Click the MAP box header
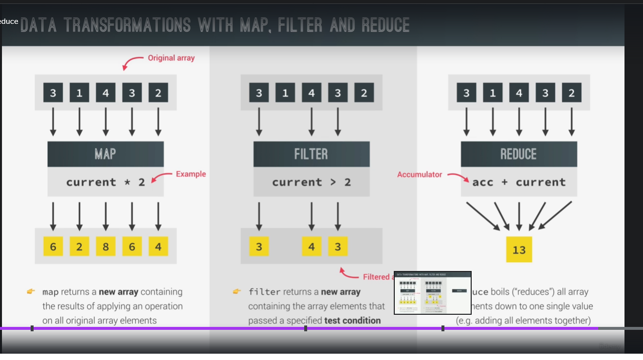pos(105,154)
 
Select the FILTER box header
pos(311,154)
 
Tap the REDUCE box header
pos(518,154)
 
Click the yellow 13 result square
pos(519,250)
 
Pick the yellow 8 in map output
pos(106,247)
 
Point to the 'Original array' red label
pos(171,58)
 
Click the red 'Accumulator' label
pos(420,174)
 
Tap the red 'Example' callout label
pos(191,174)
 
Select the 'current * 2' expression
pos(106,182)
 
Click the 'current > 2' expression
pos(311,182)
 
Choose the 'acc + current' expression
pos(519,182)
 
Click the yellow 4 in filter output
pos(312,247)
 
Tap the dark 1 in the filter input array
pos(285,92)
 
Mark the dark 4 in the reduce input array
pos(519,92)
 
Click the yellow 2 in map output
pos(79,247)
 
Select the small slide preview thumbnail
pos(432,293)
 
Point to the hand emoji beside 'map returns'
pos(31,291)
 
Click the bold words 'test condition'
pos(352,320)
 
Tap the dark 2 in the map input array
pos(158,92)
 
